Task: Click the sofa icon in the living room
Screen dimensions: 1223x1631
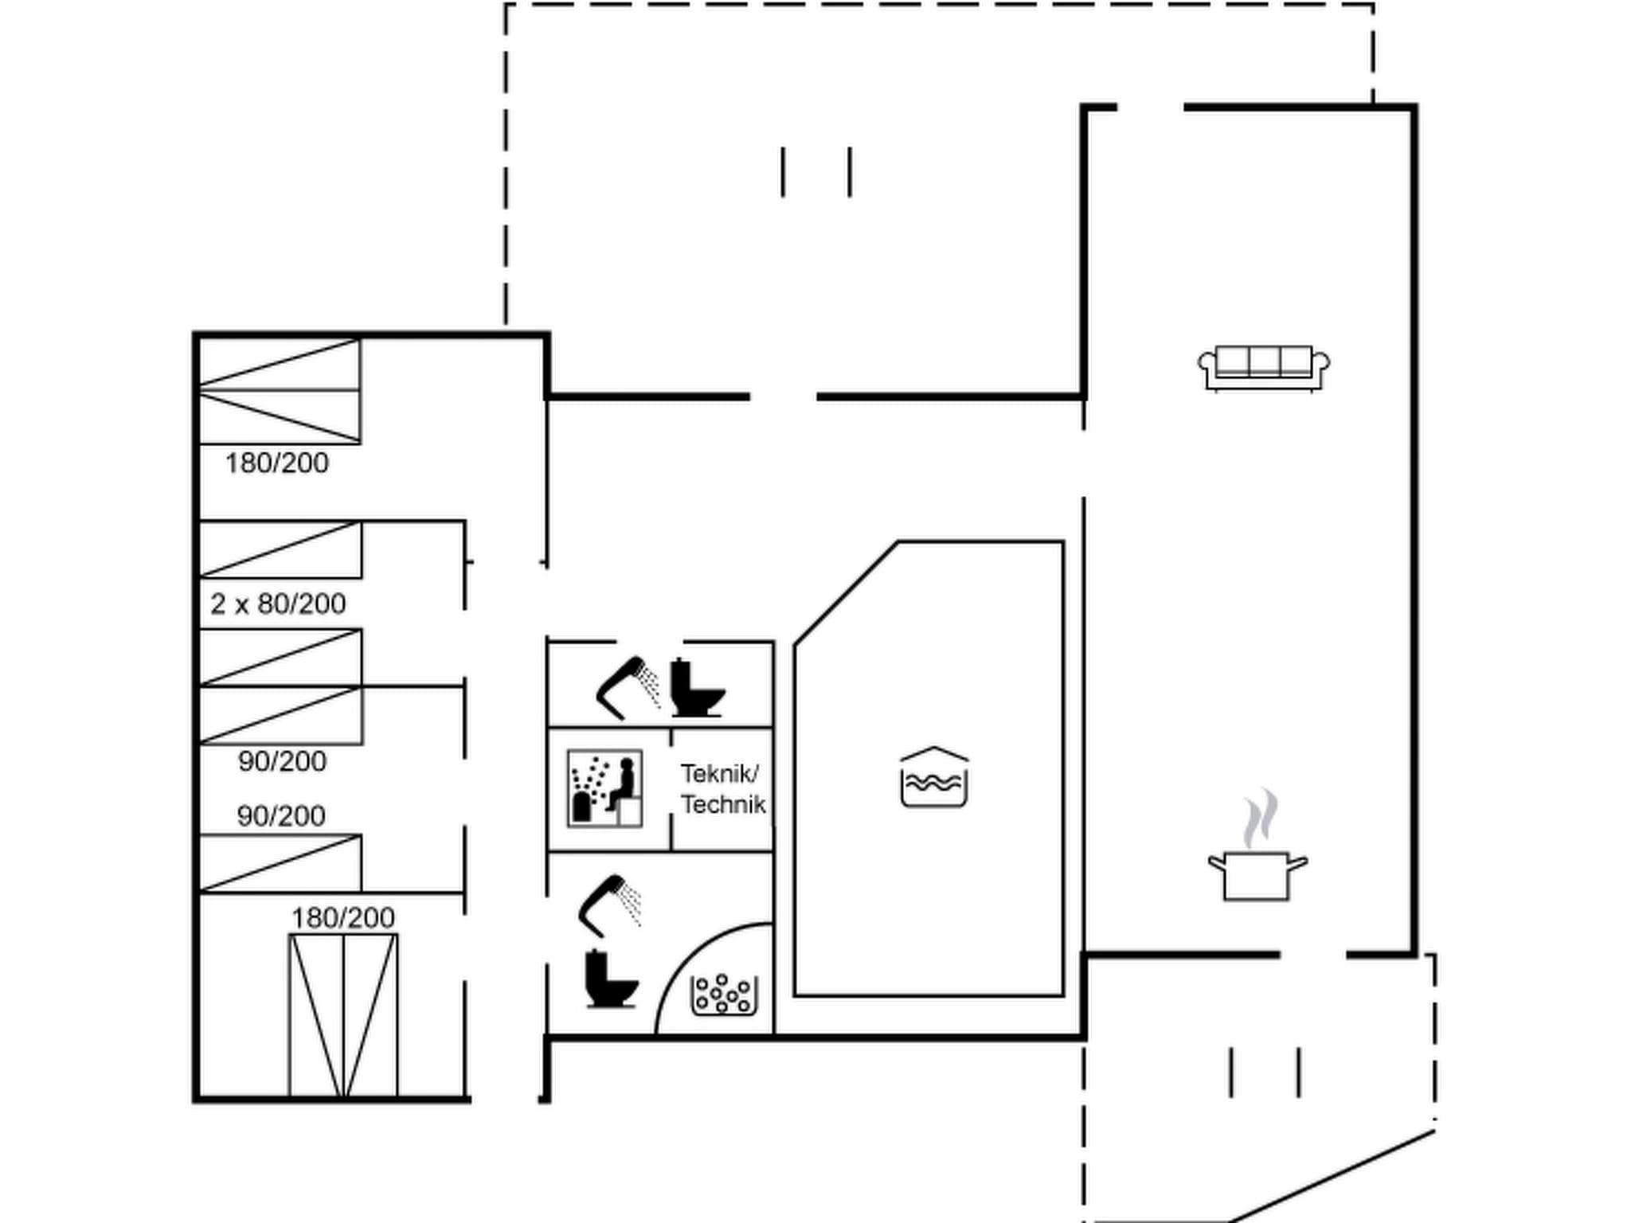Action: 1264,368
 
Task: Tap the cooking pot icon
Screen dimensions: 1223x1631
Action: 1256,876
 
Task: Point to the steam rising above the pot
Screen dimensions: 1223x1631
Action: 1260,819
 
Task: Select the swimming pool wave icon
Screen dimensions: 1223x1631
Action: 934,778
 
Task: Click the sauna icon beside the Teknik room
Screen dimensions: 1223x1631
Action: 604,787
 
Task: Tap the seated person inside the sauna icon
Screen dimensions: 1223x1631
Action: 624,783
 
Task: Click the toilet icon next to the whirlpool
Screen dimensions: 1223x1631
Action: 610,979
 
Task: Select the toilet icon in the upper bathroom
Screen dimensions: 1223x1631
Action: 695,688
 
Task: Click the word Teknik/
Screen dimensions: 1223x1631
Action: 720,773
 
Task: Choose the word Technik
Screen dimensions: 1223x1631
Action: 723,805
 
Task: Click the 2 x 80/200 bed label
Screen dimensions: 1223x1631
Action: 278,604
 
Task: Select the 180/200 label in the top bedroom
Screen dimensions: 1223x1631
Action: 276,463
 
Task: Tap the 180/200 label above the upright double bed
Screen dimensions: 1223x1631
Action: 342,918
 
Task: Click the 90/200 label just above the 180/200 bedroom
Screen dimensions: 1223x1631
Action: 281,816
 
